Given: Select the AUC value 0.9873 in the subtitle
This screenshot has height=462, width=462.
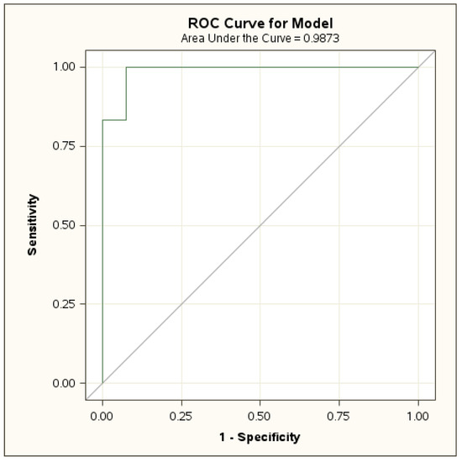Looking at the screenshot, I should coord(321,38).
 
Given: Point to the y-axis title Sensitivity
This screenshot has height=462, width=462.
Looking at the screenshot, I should coord(33,224).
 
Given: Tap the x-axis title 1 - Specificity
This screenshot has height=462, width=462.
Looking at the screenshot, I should coord(260,437).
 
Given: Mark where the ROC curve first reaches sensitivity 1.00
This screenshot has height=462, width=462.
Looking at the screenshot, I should coord(126,67).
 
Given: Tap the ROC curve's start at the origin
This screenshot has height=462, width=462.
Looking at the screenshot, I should coord(102,383).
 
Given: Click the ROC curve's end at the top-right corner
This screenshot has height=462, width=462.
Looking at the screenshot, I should coord(418,67).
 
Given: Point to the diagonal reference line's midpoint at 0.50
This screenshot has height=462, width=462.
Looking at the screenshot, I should coord(260,225).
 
